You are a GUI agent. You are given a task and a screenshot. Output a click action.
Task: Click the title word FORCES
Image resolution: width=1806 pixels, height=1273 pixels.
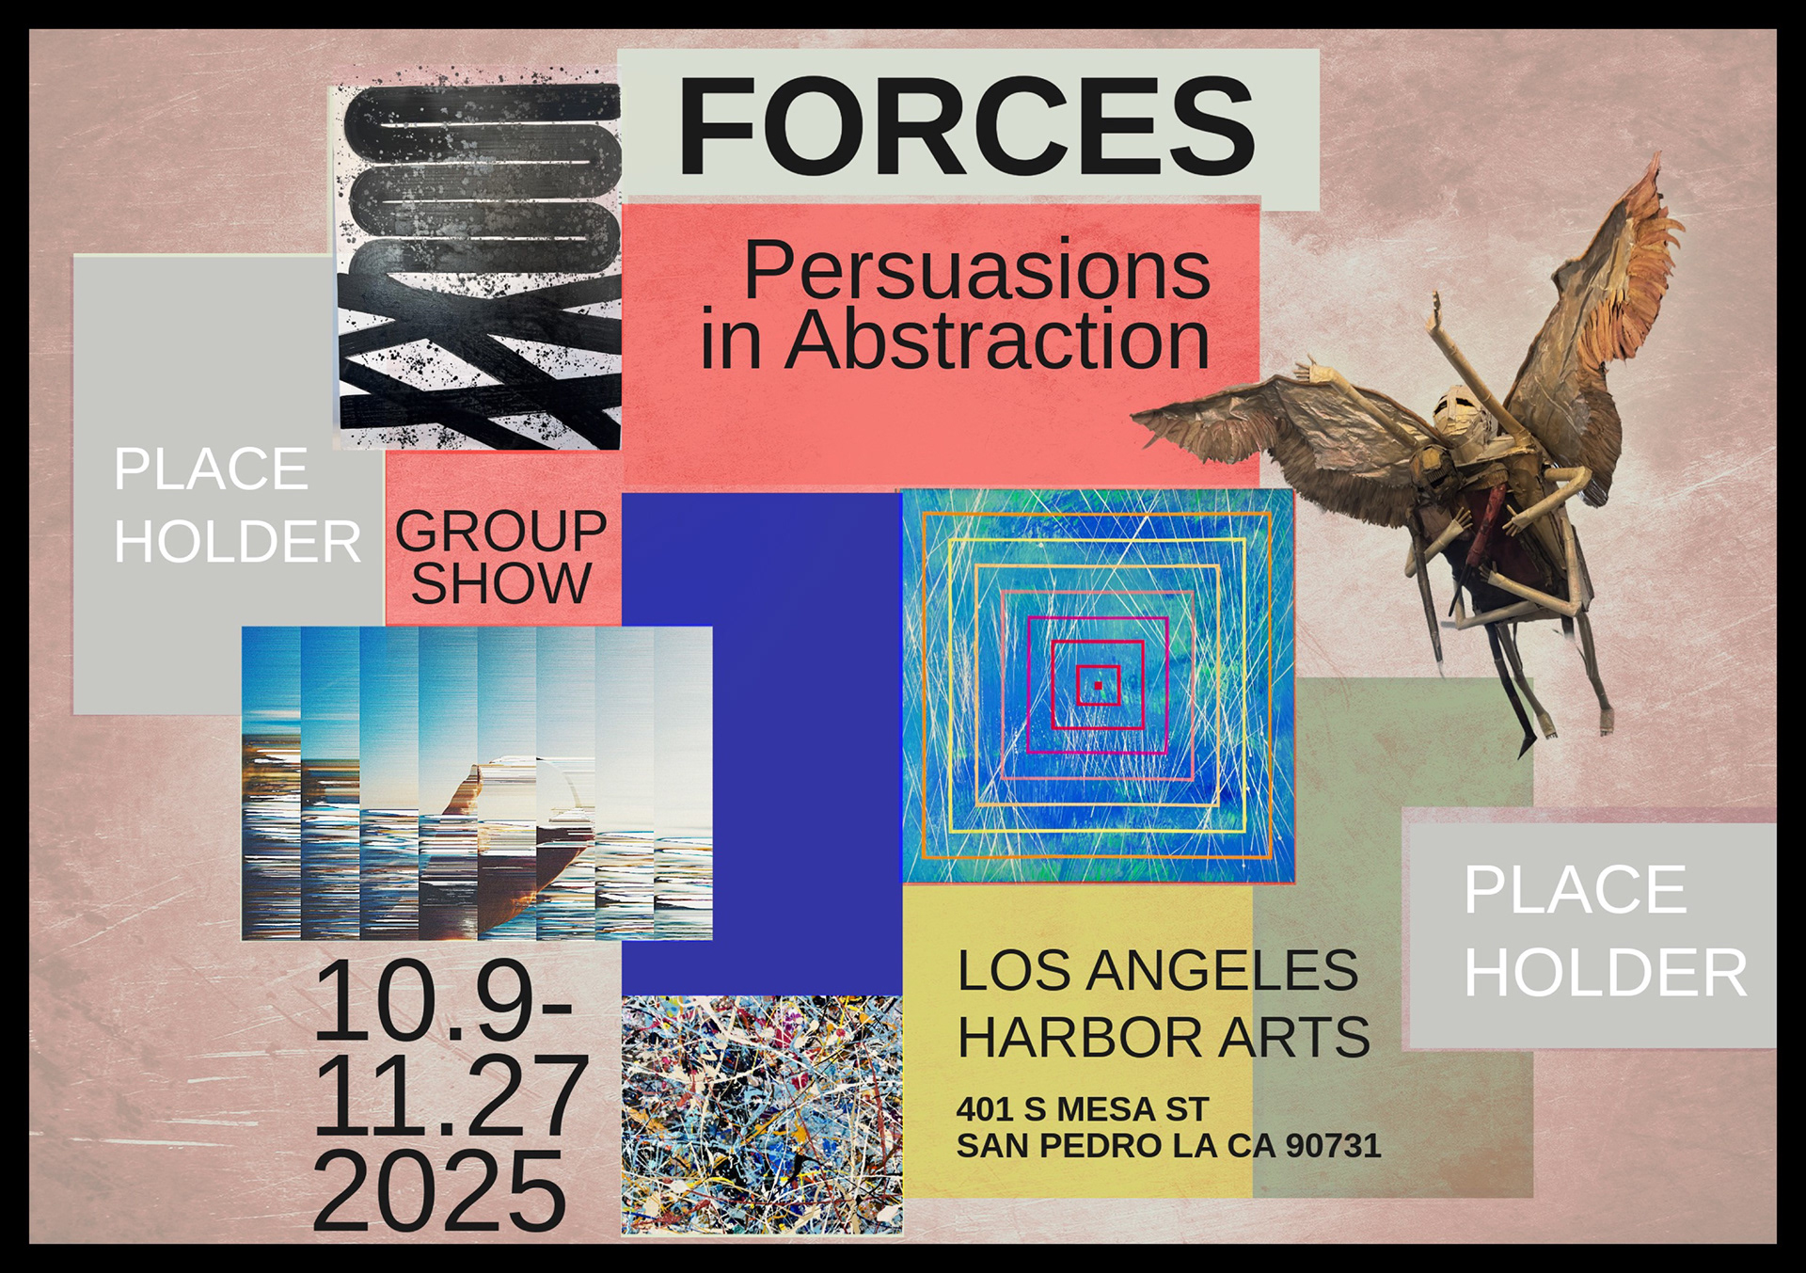pyautogui.click(x=966, y=126)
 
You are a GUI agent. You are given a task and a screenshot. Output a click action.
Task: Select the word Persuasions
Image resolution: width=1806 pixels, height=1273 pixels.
pyautogui.click(x=976, y=270)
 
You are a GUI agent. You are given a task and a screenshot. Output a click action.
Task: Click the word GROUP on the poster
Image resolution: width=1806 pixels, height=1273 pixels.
pyautogui.click(x=500, y=532)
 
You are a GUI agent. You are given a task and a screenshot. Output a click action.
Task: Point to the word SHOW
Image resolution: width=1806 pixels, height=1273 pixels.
pyautogui.click(x=500, y=583)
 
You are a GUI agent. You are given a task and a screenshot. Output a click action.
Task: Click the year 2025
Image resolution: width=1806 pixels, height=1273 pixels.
pyautogui.click(x=438, y=1192)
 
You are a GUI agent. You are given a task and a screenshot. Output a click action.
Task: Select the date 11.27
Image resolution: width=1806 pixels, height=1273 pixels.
pyautogui.click(x=450, y=1096)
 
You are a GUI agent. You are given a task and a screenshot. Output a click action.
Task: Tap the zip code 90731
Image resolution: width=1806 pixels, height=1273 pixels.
pyautogui.click(x=1333, y=1145)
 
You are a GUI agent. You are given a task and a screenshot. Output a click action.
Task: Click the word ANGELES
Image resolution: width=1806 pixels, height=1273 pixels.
pyautogui.click(x=1222, y=970)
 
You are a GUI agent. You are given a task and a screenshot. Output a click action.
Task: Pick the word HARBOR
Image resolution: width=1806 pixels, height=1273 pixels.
pyautogui.click(x=1079, y=1037)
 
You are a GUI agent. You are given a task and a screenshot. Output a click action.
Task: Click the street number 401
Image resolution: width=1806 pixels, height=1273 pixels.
pyautogui.click(x=985, y=1109)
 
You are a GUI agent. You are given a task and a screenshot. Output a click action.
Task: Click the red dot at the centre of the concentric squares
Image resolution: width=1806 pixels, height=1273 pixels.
pyautogui.click(x=1098, y=686)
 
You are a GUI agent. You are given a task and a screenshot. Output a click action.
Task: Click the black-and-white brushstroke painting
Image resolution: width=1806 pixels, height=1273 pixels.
pyautogui.click(x=478, y=265)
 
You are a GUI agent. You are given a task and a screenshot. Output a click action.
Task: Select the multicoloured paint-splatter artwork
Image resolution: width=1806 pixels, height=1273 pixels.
pyautogui.click(x=762, y=1115)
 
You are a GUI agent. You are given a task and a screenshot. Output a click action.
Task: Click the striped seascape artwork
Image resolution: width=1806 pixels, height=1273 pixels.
pyautogui.click(x=477, y=783)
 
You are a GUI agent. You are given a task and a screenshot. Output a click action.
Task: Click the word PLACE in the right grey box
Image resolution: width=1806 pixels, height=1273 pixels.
pyautogui.click(x=1576, y=890)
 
